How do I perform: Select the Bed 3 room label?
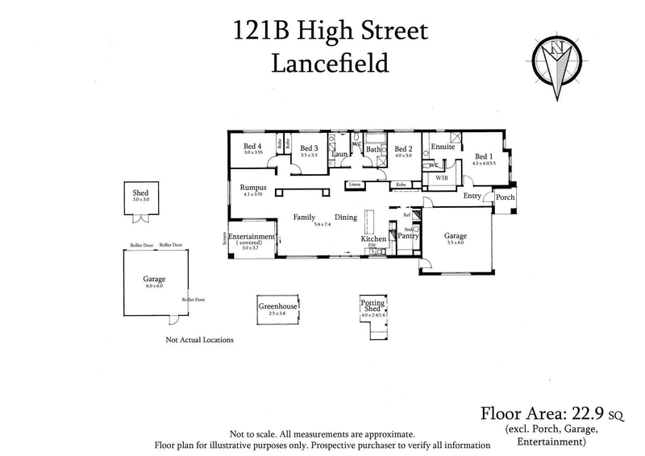click(310, 148)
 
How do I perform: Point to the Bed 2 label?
click(403, 149)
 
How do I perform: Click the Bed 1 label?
click(484, 156)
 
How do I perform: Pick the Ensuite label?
click(443, 147)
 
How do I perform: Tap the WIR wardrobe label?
click(441, 176)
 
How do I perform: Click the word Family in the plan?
click(304, 218)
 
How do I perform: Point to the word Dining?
click(346, 218)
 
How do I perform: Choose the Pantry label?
click(408, 238)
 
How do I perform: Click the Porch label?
click(505, 197)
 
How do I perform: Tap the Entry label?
click(472, 197)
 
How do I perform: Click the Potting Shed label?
click(372, 306)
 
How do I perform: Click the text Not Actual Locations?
click(199, 340)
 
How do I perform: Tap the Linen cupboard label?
click(354, 184)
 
